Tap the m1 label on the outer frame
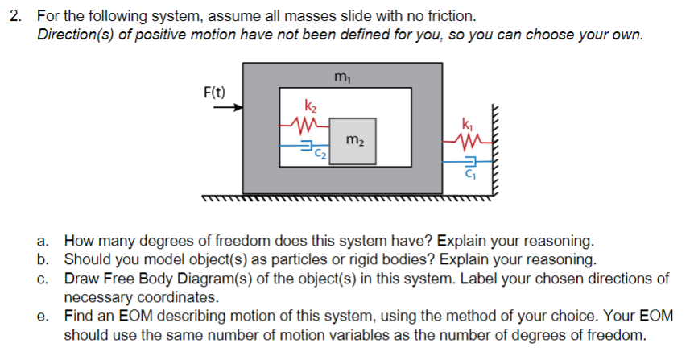pos(341,77)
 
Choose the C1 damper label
pos(469,175)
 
